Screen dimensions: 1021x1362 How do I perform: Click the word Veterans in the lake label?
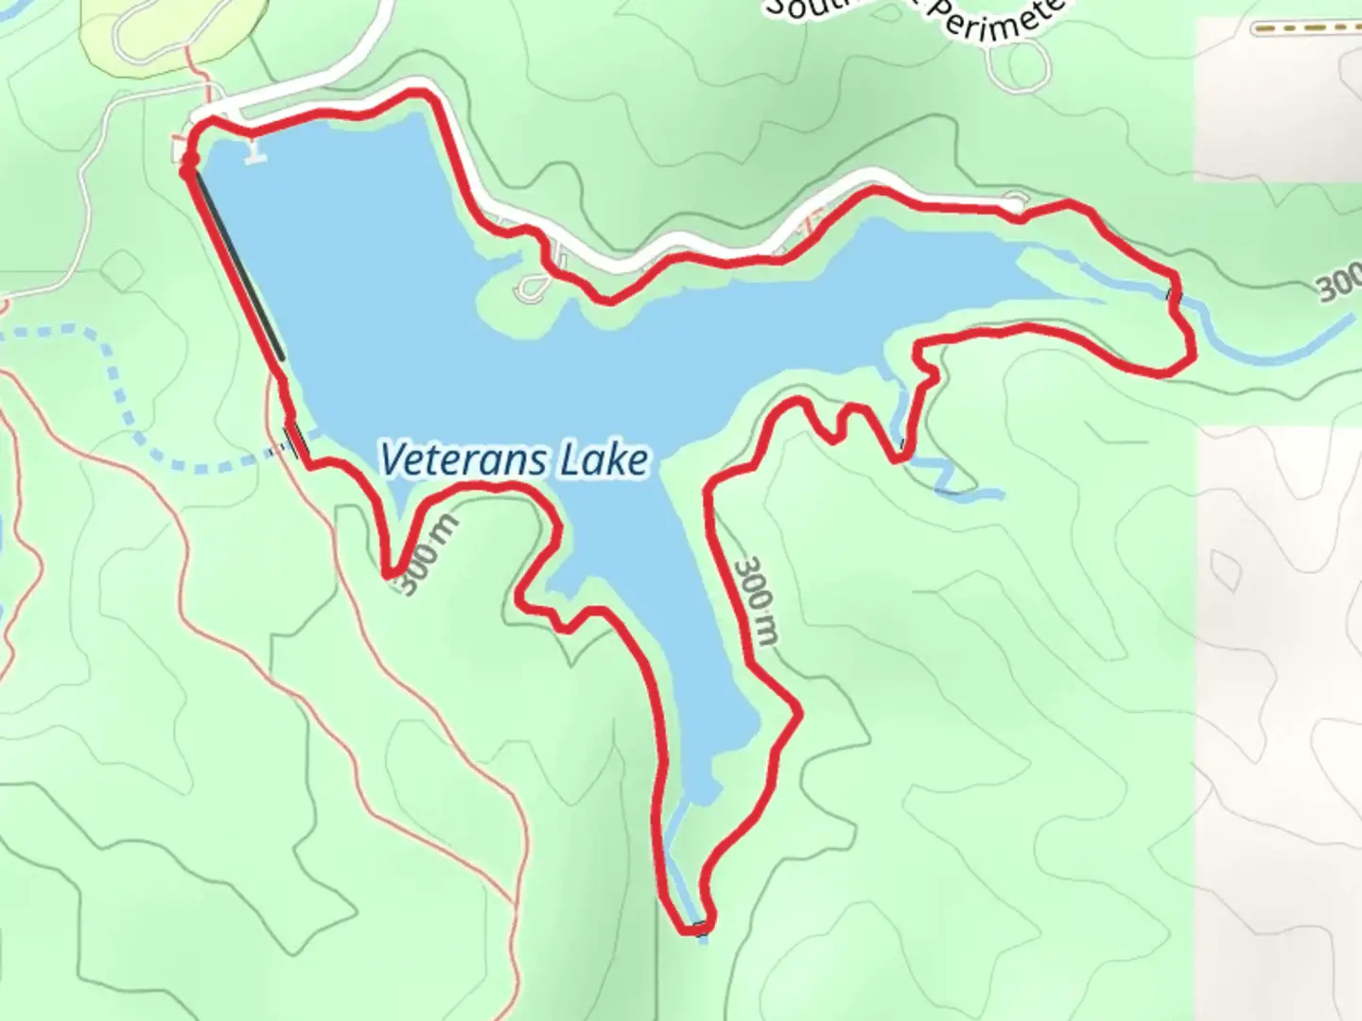(463, 460)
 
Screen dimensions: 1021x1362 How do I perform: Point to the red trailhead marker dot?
(187, 168)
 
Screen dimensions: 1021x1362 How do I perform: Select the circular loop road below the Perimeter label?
(1016, 64)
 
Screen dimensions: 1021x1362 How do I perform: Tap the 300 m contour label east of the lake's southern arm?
(757, 599)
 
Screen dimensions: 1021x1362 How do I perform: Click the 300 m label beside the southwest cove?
(428, 555)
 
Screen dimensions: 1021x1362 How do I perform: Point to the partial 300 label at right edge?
(1339, 284)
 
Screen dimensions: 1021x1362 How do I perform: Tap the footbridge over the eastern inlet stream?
(1174, 295)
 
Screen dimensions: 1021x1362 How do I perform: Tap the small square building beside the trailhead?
(180, 150)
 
